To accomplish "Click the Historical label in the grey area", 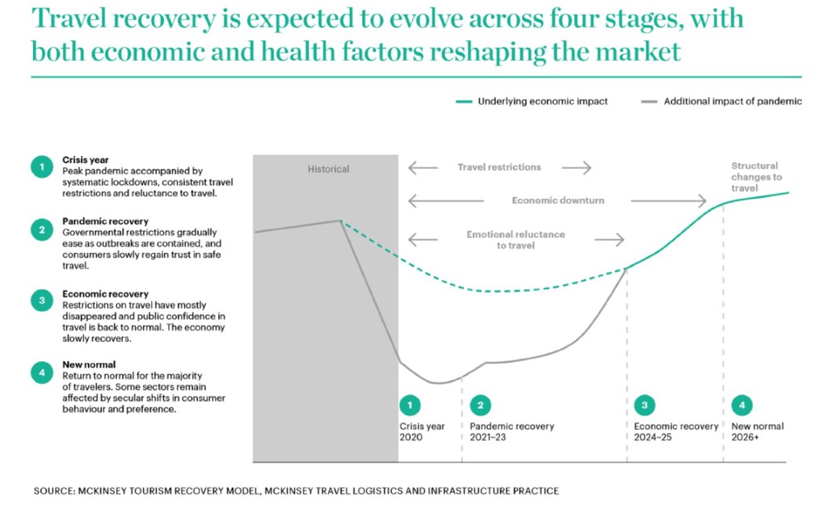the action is [329, 169].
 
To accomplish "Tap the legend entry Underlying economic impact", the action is [532, 101].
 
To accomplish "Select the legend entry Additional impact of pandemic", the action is [721, 101].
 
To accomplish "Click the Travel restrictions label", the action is [498, 167].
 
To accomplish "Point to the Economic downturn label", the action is [558, 200].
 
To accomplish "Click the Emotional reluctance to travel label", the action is [515, 240].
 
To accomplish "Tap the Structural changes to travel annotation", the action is [756, 177].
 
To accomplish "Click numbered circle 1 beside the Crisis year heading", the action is [42, 167].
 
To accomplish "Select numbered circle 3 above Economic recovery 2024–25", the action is [645, 406].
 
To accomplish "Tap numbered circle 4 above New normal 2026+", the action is [742, 406].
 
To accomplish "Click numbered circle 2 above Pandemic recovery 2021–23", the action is [481, 406].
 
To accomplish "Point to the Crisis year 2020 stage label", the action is [422, 432].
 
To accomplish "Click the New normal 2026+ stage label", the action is [757, 432].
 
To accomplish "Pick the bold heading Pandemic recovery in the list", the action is [105, 221].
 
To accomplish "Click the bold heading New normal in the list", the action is [89, 365].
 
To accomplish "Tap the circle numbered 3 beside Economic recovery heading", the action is [42, 301].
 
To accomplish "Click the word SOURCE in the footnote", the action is [55, 491].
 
